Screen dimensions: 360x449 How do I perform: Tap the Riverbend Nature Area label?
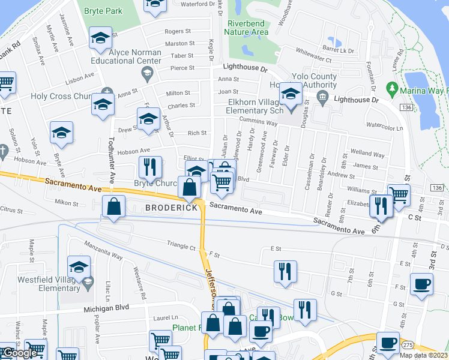[x=247, y=28]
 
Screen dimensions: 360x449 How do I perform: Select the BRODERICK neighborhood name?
[x=170, y=207]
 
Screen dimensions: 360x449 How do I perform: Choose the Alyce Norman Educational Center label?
[x=126, y=56]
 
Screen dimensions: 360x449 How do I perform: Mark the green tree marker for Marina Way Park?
[x=393, y=89]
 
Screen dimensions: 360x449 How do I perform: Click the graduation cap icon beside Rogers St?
[x=100, y=38]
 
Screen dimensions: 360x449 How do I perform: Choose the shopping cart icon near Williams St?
[x=399, y=193]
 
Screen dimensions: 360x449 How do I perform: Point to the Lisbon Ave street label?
[x=80, y=76]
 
